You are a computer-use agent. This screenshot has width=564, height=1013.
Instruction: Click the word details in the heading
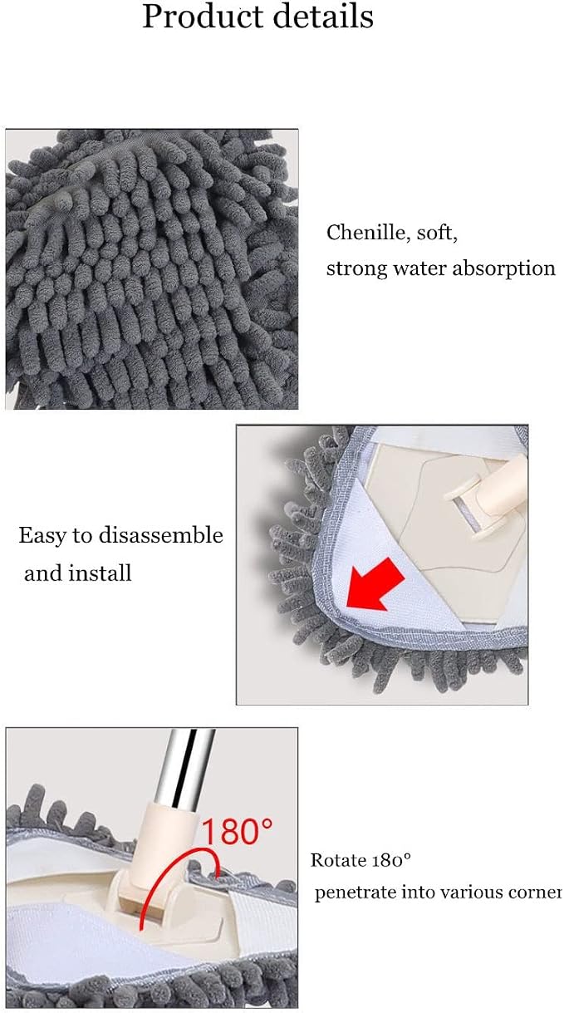(324, 17)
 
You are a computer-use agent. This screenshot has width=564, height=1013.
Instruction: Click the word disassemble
(161, 535)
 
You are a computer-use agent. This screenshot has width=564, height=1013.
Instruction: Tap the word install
(100, 573)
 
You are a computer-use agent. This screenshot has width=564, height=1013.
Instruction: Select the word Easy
(42, 536)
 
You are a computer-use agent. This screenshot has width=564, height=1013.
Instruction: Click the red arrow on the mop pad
(375, 584)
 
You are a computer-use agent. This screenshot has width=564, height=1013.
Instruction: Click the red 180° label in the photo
(237, 830)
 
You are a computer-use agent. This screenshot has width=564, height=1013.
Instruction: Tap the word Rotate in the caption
(338, 860)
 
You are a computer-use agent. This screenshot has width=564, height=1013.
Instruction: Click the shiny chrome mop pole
(186, 768)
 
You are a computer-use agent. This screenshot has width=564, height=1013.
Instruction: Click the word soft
(437, 234)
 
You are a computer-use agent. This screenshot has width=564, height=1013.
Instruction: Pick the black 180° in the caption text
(391, 860)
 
